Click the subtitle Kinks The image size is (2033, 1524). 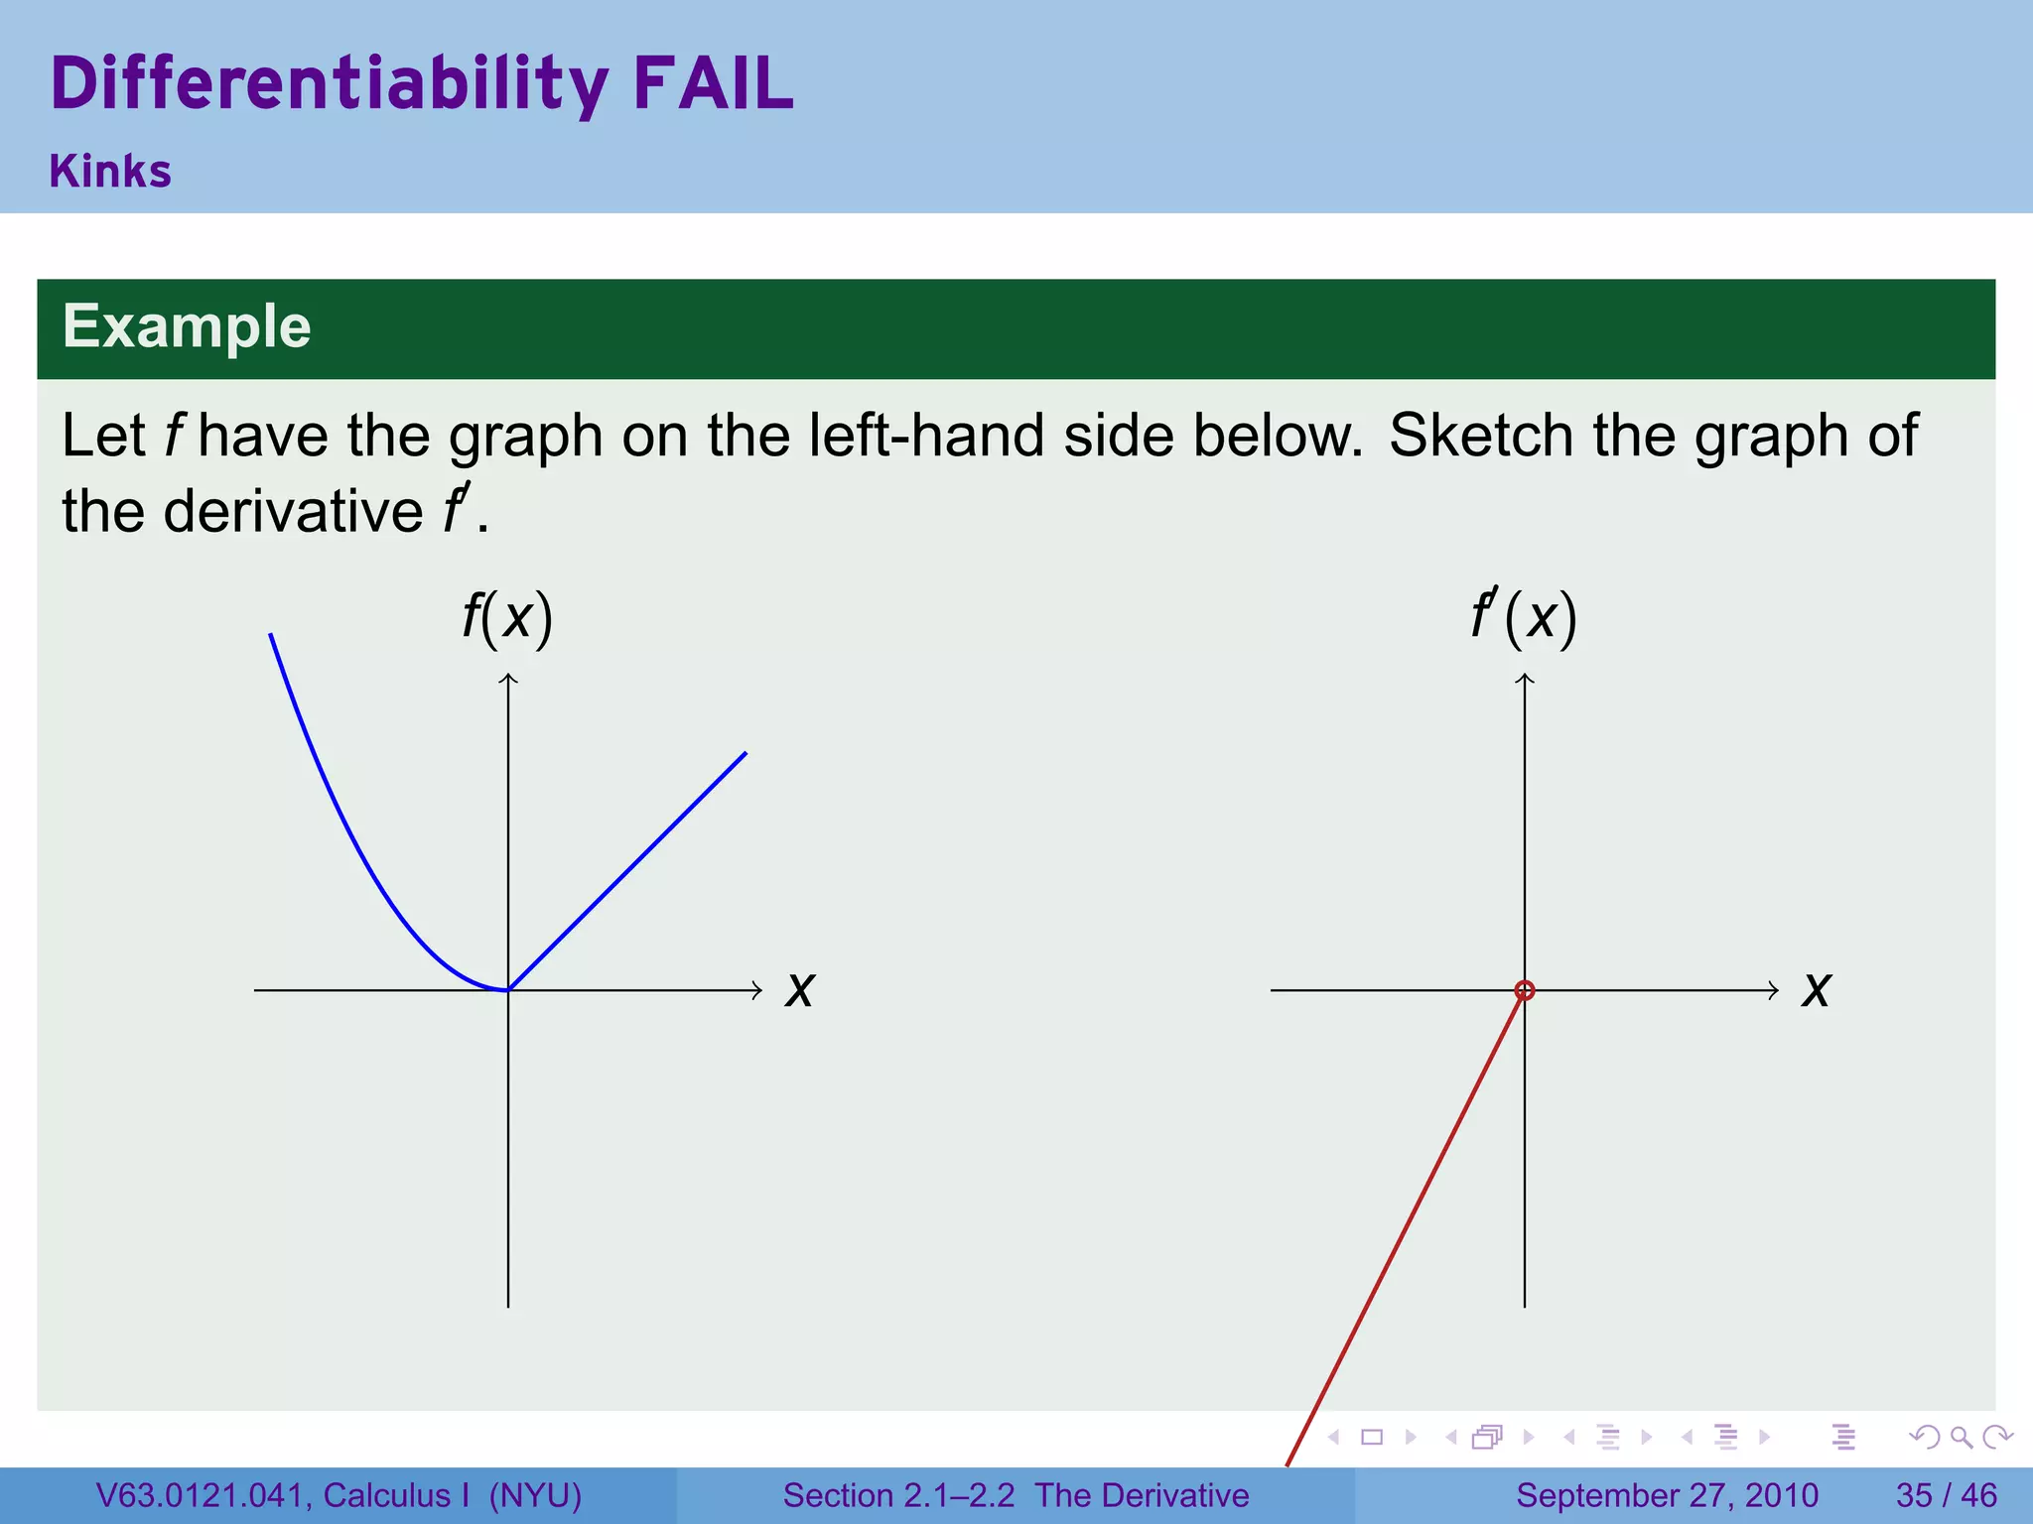[x=110, y=172]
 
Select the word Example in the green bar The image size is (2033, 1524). [x=187, y=326]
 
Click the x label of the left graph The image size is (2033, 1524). [x=800, y=990]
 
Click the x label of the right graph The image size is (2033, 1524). [x=1817, y=990]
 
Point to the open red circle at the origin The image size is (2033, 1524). [x=1525, y=990]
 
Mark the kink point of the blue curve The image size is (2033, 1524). [x=508, y=989]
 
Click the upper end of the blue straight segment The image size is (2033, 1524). [x=745, y=754]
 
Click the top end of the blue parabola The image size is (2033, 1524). [x=271, y=635]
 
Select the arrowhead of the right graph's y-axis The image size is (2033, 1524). [x=1525, y=678]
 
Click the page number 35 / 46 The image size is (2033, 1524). [x=1946, y=1495]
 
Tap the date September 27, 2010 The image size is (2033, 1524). [x=1667, y=1495]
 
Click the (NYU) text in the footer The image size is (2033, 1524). [x=535, y=1495]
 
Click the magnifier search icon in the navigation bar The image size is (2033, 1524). [x=1961, y=1437]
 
